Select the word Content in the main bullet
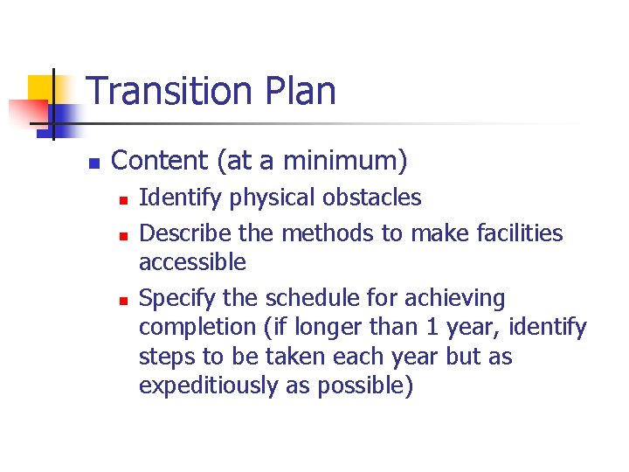(x=161, y=161)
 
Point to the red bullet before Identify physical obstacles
(x=124, y=200)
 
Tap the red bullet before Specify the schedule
(x=124, y=301)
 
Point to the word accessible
(x=192, y=262)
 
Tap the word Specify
(x=171, y=300)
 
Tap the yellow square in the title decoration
(x=41, y=88)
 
